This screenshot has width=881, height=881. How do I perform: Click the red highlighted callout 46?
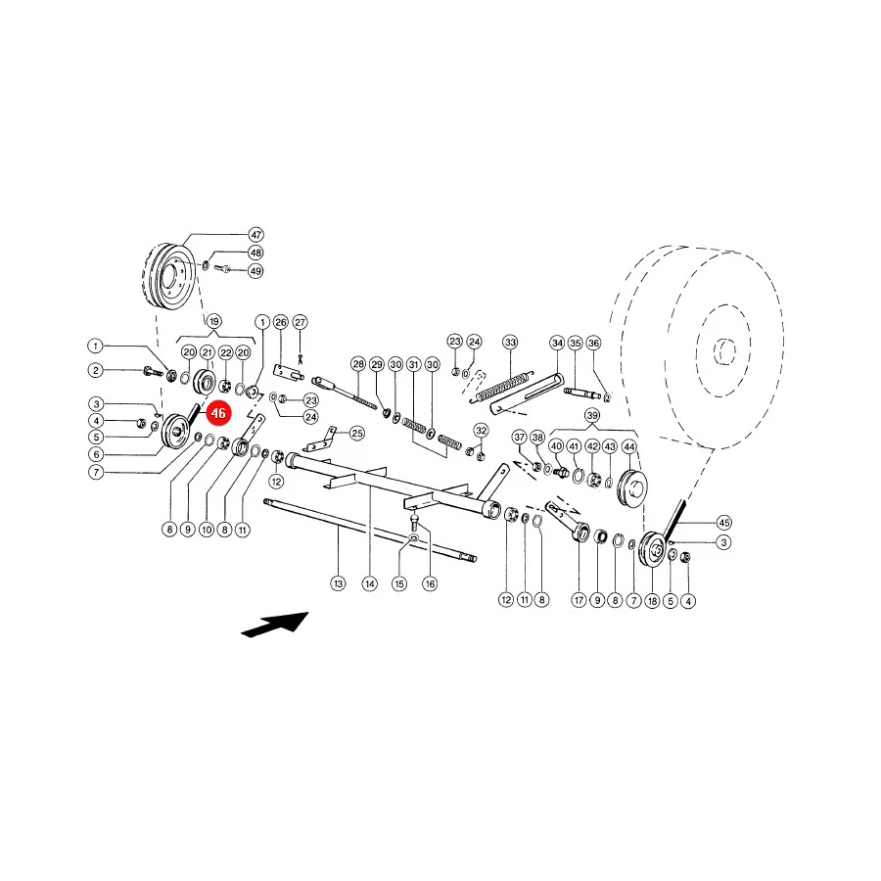(218, 413)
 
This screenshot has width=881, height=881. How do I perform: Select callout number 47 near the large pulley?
(255, 235)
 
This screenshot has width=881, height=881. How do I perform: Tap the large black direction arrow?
(275, 625)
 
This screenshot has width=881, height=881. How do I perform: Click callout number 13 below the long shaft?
(338, 583)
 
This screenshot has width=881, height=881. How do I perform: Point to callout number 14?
(370, 583)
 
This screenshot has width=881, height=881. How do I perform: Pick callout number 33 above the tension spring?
(510, 343)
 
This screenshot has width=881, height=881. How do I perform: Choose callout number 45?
(724, 523)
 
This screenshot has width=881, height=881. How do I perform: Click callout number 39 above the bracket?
(592, 416)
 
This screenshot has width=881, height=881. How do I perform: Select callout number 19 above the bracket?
(213, 322)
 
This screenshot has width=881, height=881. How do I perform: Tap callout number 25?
(356, 434)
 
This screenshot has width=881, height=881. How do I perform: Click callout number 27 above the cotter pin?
(301, 322)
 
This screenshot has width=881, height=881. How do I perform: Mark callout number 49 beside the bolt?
(255, 271)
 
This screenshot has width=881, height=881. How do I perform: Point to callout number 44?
(629, 446)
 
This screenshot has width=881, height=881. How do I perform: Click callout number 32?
(481, 431)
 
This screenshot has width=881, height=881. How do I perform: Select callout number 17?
(579, 600)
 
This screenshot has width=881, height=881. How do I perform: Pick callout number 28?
(358, 364)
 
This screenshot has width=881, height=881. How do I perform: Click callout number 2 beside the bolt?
(96, 370)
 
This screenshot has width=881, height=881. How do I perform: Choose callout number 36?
(593, 343)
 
